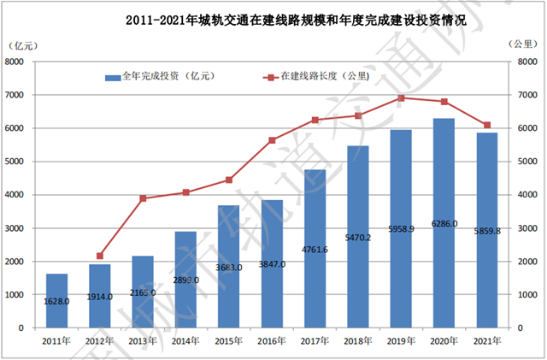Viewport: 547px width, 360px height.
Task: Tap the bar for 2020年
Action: pos(444,222)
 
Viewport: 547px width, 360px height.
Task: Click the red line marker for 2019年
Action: pos(401,97)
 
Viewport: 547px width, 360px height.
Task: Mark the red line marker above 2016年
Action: pos(273,140)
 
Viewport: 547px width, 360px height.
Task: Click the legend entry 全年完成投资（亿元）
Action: pos(158,77)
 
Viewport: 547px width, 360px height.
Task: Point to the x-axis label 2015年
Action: pos(230,340)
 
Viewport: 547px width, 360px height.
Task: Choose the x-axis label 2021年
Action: pos(486,340)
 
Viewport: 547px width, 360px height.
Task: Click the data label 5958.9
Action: pos(401,230)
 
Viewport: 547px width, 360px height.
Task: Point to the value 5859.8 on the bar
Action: pos(486,230)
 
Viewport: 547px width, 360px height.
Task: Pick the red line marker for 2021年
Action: pos(486,126)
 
